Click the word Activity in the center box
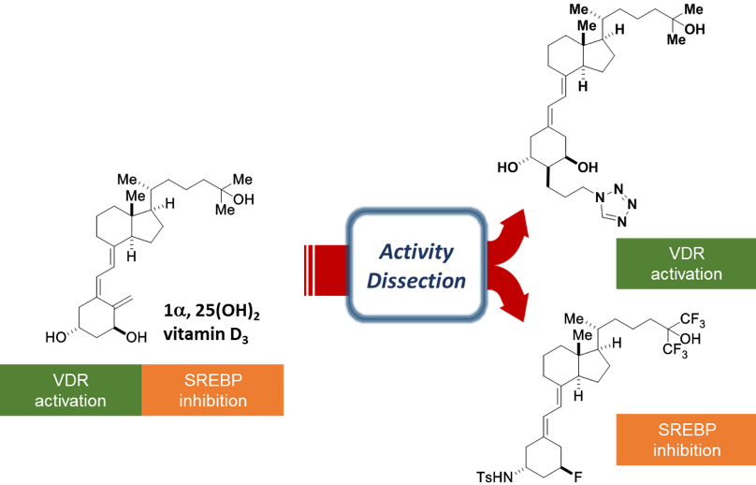point(416,252)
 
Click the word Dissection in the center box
point(416,281)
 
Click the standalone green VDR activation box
point(686,263)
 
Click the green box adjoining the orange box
point(71,390)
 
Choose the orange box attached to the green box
point(213,390)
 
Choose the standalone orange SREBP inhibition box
point(686,440)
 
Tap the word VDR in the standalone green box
point(687,254)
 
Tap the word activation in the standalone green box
point(687,274)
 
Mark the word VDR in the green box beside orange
point(71,381)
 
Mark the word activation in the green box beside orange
point(71,401)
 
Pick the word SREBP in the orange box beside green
point(213,381)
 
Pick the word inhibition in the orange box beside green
point(213,401)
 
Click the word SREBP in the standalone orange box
point(687,430)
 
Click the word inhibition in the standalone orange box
point(687,450)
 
